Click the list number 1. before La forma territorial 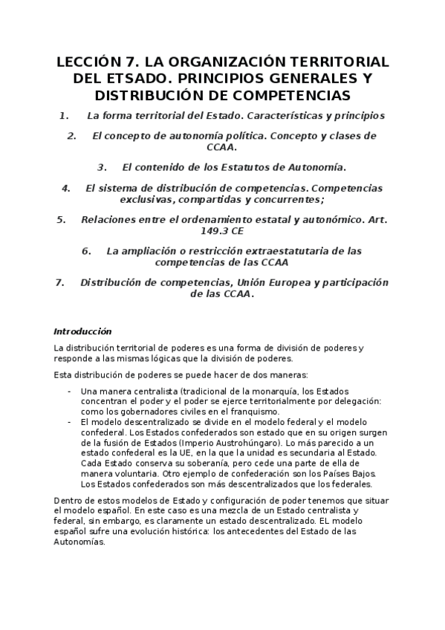64,116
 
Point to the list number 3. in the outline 103,167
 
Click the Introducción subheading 82,331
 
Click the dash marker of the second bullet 69,422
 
